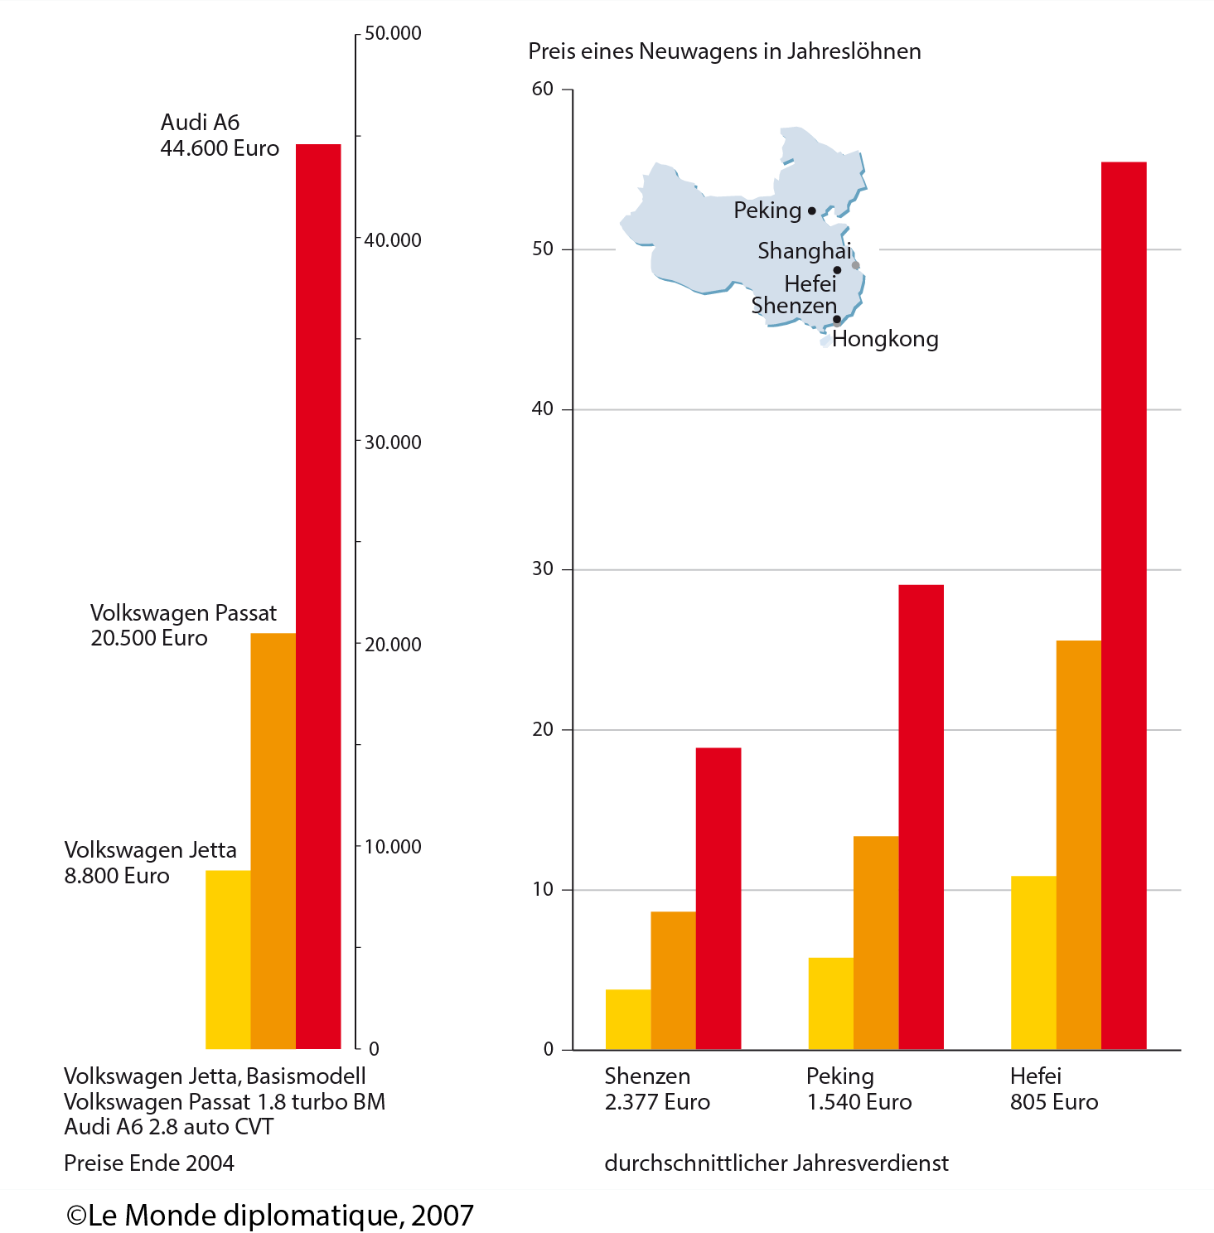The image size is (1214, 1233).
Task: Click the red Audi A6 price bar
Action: [318, 597]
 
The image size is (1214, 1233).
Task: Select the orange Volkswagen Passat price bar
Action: [273, 841]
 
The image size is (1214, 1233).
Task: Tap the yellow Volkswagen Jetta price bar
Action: [228, 960]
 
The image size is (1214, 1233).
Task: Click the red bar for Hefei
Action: [1124, 605]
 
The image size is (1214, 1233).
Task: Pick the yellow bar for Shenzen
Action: [628, 1019]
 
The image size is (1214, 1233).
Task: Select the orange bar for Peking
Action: [876, 943]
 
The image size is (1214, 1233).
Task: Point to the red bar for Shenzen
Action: [718, 898]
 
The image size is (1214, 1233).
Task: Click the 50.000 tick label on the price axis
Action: [393, 33]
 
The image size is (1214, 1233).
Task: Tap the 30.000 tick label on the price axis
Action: [393, 442]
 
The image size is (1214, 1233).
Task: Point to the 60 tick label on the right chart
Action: [543, 89]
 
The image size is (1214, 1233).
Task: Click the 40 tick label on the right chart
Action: [543, 409]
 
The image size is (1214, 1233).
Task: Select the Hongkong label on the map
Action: [885, 339]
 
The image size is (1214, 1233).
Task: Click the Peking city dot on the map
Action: [812, 211]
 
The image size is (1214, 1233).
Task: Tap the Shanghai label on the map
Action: [804, 250]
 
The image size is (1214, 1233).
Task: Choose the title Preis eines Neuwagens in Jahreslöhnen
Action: [724, 51]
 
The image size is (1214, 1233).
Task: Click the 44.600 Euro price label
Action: [220, 148]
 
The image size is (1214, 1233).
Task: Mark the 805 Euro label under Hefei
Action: [1054, 1102]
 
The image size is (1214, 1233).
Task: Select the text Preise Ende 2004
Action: [149, 1163]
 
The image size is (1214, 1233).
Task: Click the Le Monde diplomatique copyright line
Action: [270, 1216]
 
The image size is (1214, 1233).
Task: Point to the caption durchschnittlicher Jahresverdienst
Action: [776, 1163]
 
